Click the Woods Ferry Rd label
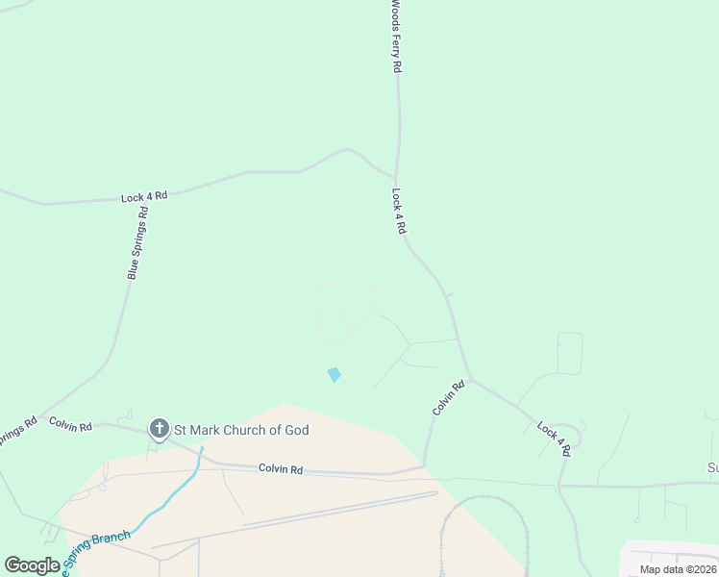coord(395,37)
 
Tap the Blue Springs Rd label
coord(138,243)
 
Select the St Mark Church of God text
coord(240,430)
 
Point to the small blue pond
coord(335,374)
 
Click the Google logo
coord(32,565)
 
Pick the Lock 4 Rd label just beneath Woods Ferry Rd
coord(399,212)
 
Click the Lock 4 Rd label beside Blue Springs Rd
coord(144,196)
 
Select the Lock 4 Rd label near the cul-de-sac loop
coord(554,438)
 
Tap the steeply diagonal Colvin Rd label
coord(448,397)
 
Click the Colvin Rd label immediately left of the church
coord(70,424)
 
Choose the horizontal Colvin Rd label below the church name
coord(281,469)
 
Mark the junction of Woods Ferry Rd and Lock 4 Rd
coord(395,178)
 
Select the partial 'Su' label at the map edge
coord(712,468)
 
